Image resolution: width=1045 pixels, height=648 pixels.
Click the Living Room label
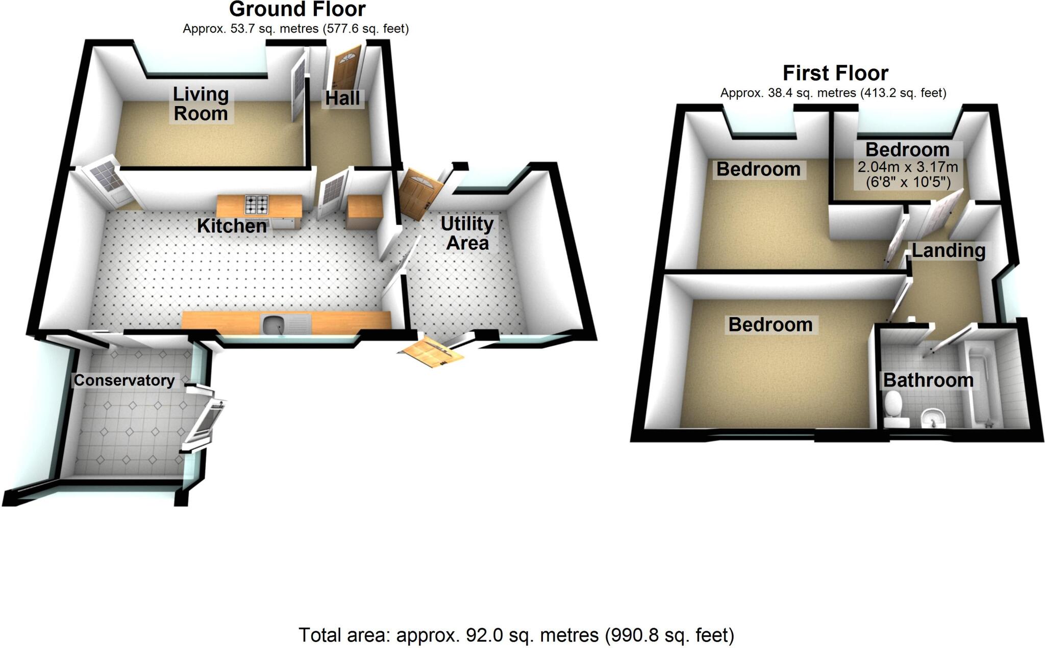201,103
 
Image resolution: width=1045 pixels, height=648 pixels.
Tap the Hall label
342,98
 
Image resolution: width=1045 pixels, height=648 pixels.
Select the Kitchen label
232,226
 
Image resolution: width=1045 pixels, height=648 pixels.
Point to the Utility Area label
467,233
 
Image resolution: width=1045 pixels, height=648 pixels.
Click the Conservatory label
124,380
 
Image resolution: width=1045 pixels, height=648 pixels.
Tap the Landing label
948,250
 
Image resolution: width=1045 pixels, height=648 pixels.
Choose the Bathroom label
928,380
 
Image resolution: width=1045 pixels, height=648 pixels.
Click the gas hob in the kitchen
256,204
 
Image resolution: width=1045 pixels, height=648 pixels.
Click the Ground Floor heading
297,9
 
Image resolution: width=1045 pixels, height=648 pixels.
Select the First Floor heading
835,73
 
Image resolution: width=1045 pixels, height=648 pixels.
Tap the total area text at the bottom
516,635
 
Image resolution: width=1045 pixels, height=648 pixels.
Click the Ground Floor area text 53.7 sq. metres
295,29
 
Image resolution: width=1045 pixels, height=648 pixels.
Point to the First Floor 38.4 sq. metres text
833,93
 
